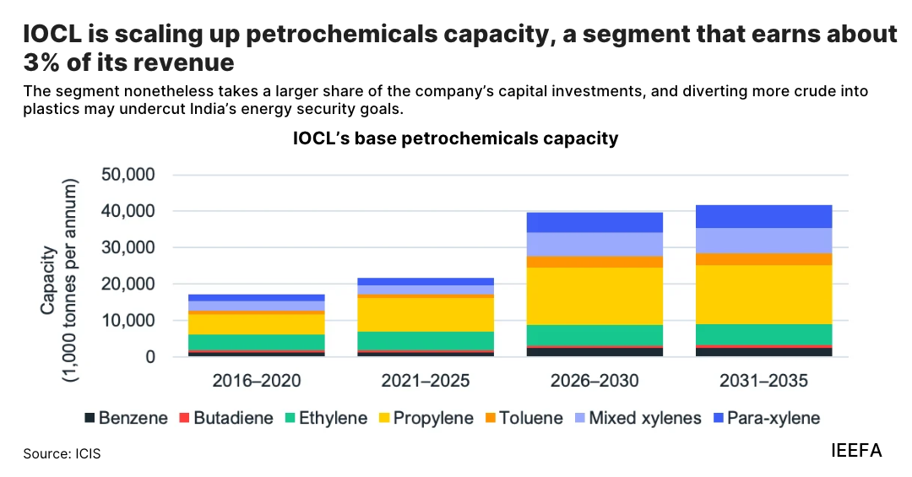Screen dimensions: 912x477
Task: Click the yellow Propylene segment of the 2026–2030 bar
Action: [594, 296]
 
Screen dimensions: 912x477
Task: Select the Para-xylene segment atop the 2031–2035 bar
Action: [763, 216]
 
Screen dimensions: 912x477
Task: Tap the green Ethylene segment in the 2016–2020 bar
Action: [257, 342]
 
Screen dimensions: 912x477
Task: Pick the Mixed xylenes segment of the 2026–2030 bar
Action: [594, 244]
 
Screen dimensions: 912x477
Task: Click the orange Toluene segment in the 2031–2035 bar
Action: [763, 259]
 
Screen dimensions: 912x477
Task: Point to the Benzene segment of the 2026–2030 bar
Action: [594, 352]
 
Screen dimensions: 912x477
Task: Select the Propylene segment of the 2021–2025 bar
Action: [426, 315]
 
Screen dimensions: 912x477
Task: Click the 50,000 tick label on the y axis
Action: [128, 175]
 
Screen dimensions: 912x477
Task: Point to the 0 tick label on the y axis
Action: [150, 356]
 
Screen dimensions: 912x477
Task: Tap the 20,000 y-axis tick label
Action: [128, 284]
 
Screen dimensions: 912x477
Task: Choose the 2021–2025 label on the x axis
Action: [426, 381]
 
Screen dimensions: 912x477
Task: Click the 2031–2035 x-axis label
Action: [763, 381]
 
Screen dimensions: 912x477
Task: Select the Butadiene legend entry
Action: [225, 418]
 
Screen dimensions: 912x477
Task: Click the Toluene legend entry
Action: [524, 418]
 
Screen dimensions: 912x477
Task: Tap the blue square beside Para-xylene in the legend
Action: [719, 418]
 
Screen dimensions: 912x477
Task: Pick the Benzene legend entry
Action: [126, 418]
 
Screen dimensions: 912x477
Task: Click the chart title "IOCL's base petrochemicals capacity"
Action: [455, 138]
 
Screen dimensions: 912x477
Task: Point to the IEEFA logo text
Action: [856, 451]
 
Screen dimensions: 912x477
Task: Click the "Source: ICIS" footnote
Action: [62, 453]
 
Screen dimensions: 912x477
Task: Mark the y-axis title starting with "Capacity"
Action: [59, 279]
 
